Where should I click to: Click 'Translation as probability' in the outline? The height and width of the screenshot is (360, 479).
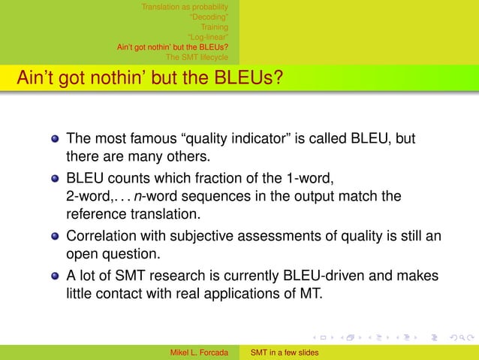tap(186, 7)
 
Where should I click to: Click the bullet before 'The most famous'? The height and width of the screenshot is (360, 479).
tap(54, 140)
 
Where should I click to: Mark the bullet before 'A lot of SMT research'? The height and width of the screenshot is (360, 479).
tap(54, 275)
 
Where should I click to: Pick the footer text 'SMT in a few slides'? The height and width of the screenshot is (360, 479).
tap(285, 352)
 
